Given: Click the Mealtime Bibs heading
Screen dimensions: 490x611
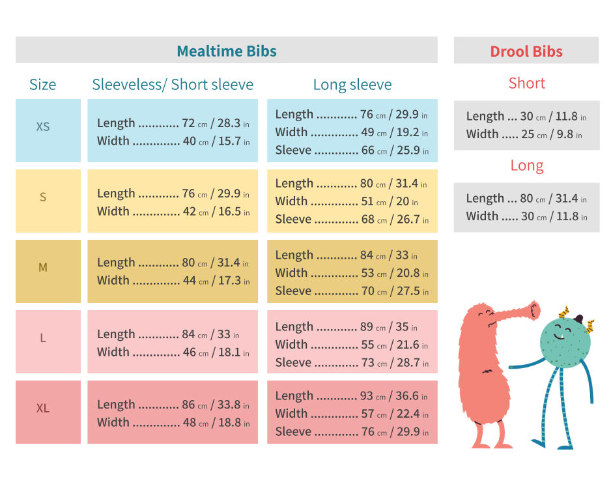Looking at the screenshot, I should tap(227, 51).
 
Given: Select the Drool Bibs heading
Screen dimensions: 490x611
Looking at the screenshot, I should tap(526, 51).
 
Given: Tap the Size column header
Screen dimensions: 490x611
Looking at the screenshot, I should tap(43, 85).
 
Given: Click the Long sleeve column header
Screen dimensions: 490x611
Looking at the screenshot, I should tap(352, 85).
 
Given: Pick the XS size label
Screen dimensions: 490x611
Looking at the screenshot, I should tap(43, 126).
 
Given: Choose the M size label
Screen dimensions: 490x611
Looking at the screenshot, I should tap(43, 267).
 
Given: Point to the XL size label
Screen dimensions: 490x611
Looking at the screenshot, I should tap(43, 409).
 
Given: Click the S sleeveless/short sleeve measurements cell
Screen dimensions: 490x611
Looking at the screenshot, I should tap(173, 201).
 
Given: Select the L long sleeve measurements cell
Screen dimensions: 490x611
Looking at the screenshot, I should tap(352, 344).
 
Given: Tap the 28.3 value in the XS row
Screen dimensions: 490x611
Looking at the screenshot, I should tap(229, 123).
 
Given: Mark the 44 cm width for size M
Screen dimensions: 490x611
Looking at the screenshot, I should tap(189, 280).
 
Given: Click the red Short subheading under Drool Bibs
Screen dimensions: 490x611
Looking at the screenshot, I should tap(527, 83).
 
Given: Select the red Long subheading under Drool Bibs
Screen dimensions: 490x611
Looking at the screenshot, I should tap(527, 166).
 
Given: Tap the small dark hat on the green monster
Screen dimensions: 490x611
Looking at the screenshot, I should tap(579, 319).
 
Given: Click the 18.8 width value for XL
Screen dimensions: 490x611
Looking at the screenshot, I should tap(229, 422).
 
